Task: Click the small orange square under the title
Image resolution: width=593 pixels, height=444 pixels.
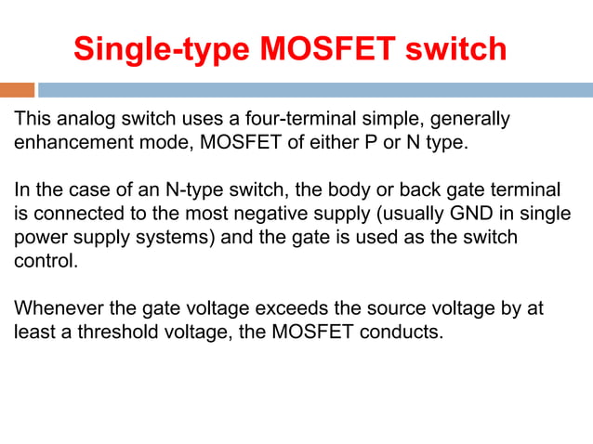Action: tap(17, 90)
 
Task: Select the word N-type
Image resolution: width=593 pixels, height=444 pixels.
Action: tap(195, 190)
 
